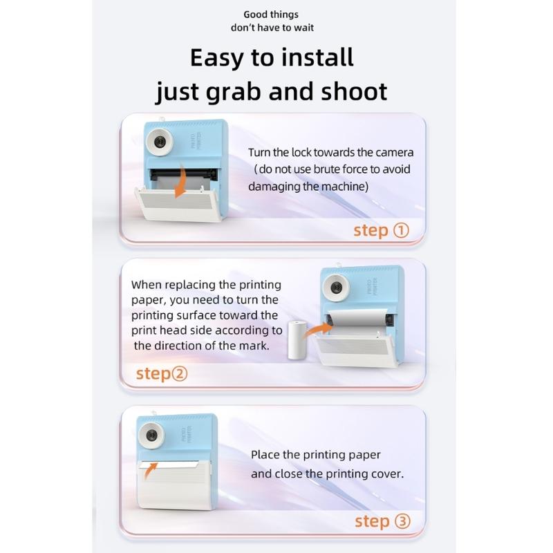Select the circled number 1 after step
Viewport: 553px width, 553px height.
(401, 230)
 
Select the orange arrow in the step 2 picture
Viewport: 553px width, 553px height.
(319, 330)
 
